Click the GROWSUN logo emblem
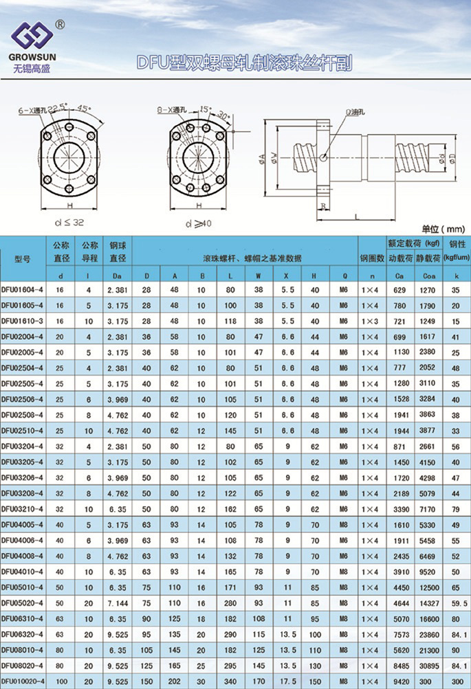click(x=32, y=35)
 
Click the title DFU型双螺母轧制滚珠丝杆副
click(x=244, y=63)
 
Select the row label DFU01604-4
click(x=23, y=290)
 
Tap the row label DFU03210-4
click(x=23, y=509)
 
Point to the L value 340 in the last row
click(x=230, y=681)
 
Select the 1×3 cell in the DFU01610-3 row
click(x=369, y=321)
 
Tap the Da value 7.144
click(x=118, y=603)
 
